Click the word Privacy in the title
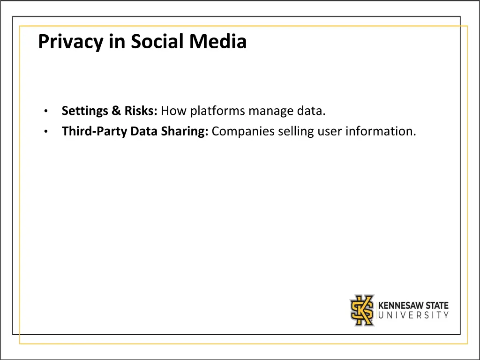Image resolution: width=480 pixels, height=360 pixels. (x=70, y=42)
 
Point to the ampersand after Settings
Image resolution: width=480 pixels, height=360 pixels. (x=116, y=111)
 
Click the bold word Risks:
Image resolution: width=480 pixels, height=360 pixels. (x=141, y=111)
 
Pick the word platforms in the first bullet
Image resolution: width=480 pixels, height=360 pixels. (x=217, y=112)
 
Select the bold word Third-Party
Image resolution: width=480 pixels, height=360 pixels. (x=95, y=132)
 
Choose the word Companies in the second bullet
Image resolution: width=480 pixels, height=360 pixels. (x=243, y=132)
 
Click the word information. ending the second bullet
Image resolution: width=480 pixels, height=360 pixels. (x=381, y=131)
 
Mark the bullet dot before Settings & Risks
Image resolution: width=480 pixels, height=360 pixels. (x=45, y=112)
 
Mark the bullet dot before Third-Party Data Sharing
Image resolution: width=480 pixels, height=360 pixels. (x=45, y=132)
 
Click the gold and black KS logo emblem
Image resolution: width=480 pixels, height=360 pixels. (x=362, y=310)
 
